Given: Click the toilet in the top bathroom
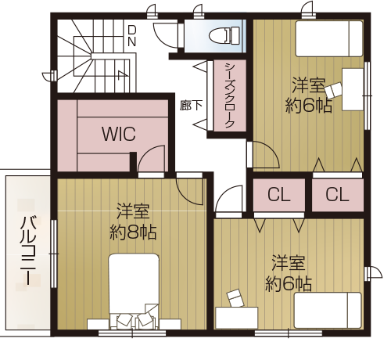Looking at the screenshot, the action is tap(224, 35).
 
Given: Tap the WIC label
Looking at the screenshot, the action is tap(119, 134).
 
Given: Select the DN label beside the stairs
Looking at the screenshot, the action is tap(132, 36).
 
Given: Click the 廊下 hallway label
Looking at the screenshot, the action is tap(191, 106).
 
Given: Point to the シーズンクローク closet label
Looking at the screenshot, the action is tap(229, 95).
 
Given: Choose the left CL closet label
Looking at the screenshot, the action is tap(279, 195).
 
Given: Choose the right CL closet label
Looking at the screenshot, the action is tap(337, 195).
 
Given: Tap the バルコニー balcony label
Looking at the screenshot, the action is tap(27, 250).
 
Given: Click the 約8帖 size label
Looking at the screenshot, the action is tap(133, 232).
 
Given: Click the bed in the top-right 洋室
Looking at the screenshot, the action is tap(329, 38).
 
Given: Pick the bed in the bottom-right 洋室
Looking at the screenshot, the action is tap(328, 311).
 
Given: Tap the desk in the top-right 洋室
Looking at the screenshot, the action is tap(353, 89).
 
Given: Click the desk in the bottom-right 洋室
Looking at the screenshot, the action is tap(237, 318).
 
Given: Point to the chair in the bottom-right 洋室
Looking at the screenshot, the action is tap(235, 298).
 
